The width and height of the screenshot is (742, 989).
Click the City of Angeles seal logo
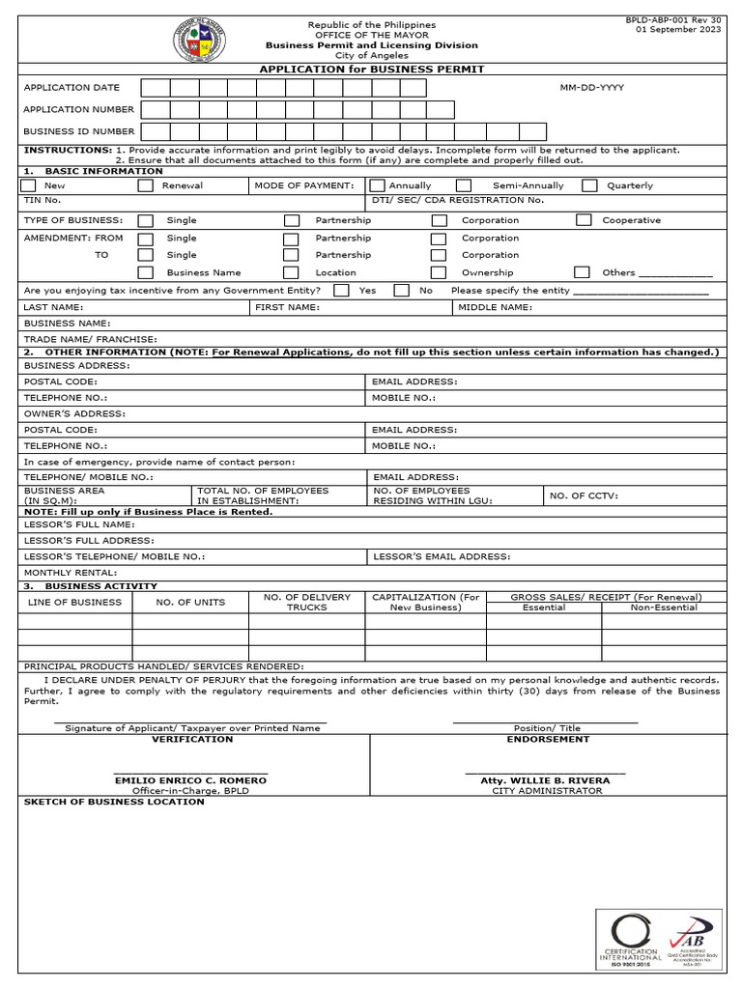click(199, 40)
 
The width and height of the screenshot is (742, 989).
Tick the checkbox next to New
click(29, 185)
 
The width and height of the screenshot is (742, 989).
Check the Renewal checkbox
click(146, 185)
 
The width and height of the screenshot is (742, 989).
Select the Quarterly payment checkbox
click(588, 185)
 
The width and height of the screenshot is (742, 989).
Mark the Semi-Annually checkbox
click(464, 185)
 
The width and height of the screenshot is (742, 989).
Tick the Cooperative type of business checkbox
click(584, 220)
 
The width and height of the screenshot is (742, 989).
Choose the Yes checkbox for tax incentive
click(341, 290)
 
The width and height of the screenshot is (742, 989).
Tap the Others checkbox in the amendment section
click(582, 272)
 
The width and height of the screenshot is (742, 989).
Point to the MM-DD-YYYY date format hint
click(591, 88)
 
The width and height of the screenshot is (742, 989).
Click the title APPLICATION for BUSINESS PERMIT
click(372, 70)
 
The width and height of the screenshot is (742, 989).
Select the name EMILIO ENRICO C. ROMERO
click(190, 779)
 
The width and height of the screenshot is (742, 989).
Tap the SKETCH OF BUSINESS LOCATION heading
click(114, 802)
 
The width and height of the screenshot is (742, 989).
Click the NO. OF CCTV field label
click(584, 495)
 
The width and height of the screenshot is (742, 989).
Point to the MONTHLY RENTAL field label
click(64, 573)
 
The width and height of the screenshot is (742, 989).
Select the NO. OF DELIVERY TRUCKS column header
click(306, 602)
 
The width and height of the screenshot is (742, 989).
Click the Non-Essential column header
click(664, 608)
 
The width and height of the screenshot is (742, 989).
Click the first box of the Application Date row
click(156, 88)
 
